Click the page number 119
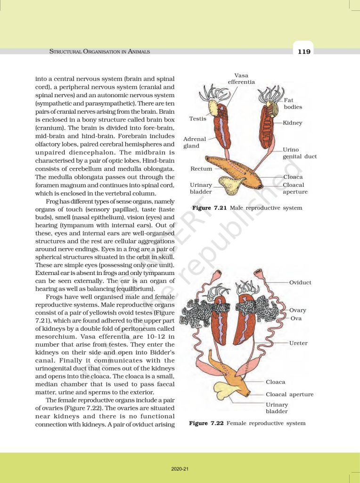coord(304,51)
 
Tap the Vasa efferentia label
coord(241,79)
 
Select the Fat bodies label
coord(293,103)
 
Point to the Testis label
coord(198,119)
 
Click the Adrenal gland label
coord(195,142)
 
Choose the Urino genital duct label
coord(300,153)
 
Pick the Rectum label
coord(201,168)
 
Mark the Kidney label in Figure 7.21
coord(293,123)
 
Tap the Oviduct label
coord(300,283)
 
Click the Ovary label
coord(298,310)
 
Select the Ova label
coord(296,318)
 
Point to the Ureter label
coord(298,343)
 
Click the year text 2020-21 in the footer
coord(180,469)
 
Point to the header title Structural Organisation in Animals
coord(100,51)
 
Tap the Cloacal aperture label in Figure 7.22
coord(289,394)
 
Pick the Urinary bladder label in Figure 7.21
coord(201,188)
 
